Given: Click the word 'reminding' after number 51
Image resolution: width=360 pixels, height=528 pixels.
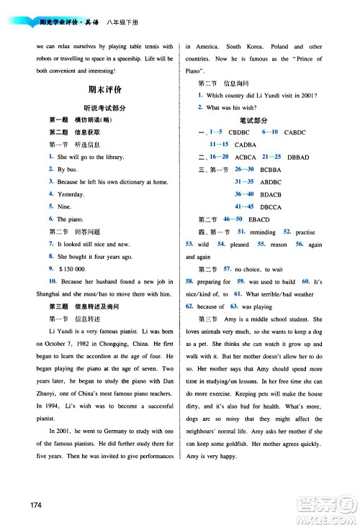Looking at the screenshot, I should point(264,231).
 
